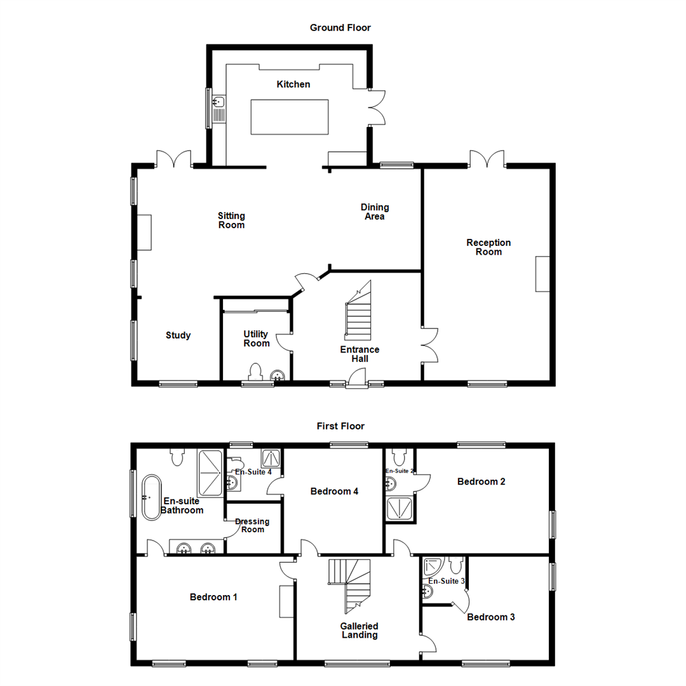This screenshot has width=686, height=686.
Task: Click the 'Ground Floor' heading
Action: [340, 27]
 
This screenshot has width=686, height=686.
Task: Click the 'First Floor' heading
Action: [340, 426]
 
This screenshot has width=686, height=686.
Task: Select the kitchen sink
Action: [219, 102]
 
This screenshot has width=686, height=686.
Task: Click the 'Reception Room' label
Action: [488, 247]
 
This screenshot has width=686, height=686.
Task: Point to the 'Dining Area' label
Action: [375, 212]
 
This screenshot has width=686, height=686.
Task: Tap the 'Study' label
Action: [178, 335]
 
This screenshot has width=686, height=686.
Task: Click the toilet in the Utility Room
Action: [256, 372]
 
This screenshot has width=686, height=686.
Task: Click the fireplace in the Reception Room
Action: [542, 274]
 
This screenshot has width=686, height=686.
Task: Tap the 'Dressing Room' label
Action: [252, 525]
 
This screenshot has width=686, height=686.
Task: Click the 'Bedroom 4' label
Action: [331, 491]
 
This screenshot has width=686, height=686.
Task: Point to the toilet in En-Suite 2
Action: [400, 457]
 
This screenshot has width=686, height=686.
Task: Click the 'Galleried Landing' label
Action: [360, 629]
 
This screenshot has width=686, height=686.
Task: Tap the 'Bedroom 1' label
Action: [213, 597]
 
